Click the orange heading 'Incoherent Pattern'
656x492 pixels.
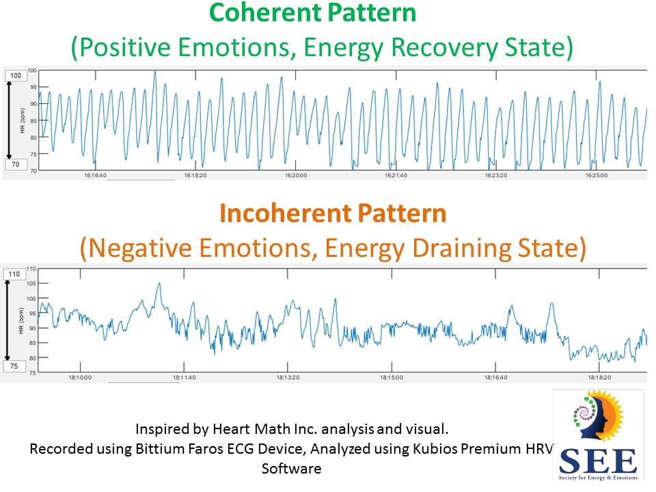pos(333,213)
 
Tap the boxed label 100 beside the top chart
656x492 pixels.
pos(14,75)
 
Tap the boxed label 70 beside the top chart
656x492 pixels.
pos(14,165)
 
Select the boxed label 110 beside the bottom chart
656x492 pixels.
pos(14,274)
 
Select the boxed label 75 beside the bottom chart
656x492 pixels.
pos(14,366)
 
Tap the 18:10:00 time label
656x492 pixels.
pos(80,377)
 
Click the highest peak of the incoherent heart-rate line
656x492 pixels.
pos(159,284)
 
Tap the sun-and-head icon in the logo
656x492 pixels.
pos(599,418)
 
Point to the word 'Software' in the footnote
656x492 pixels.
pos(291,469)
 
